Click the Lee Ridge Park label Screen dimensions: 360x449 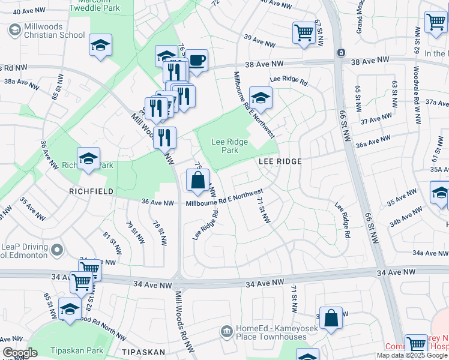[x=226, y=146]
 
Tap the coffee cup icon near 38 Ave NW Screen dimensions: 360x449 [x=196, y=61]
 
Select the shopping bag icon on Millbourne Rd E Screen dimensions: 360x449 [x=198, y=179]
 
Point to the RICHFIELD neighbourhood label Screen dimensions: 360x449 [x=92, y=191]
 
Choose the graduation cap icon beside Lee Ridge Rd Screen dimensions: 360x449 [x=261, y=98]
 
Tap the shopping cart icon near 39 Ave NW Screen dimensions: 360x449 [x=304, y=32]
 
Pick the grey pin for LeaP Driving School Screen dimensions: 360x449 [x=57, y=248]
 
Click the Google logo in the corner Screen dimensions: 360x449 [x=20, y=353]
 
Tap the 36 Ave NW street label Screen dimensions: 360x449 [x=157, y=203]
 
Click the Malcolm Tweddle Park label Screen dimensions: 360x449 [x=94, y=6]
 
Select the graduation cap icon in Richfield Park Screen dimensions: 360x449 [x=89, y=158]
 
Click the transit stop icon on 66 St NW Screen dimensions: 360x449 [x=340, y=52]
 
